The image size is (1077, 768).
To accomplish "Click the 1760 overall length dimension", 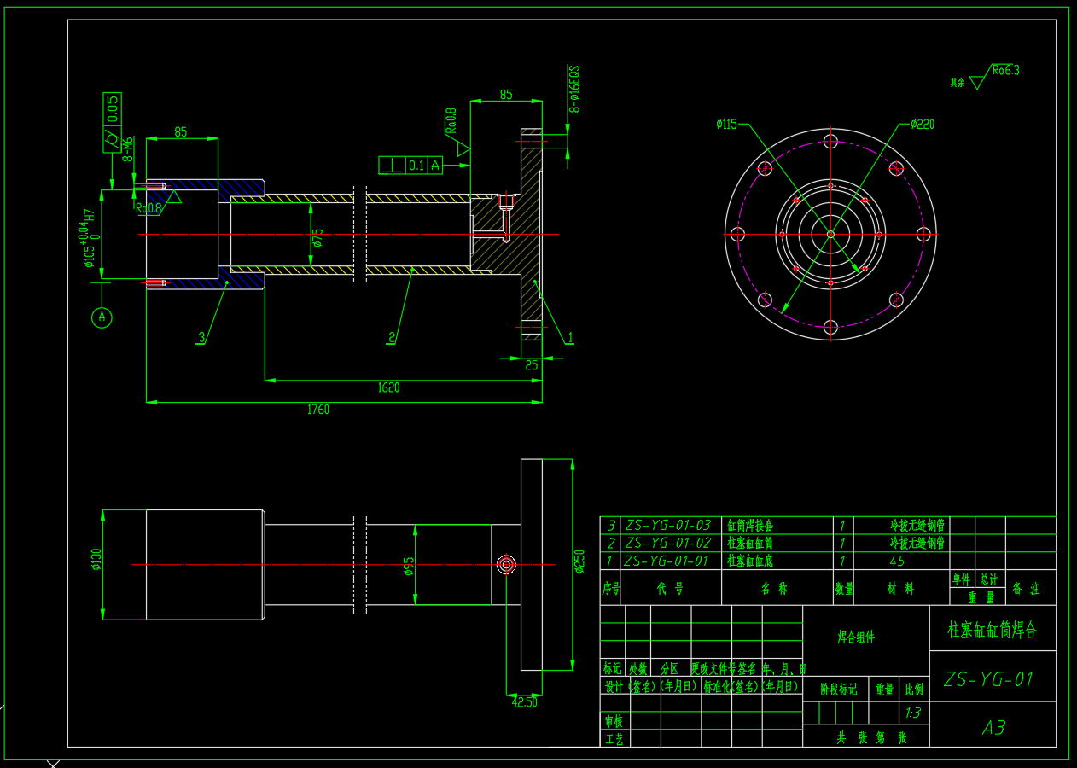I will pos(318,410).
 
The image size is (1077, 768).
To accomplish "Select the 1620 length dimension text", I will pos(388,387).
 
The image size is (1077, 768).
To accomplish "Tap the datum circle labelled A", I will pos(102,317).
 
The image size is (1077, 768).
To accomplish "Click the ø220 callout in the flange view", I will pos(923,125).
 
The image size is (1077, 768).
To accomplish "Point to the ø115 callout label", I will pos(726,125).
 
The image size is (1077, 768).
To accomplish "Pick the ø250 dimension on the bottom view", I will pos(580,561).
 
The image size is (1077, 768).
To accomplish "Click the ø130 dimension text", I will pos(96,559).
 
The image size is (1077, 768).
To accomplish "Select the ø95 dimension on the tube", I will pos(409,566).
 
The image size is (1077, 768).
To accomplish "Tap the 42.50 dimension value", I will pos(525,702).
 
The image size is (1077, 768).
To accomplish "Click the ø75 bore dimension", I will pos(317,238).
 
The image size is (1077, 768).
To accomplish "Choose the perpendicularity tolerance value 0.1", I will pos(416,166).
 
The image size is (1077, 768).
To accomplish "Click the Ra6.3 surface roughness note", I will pos(1006,71).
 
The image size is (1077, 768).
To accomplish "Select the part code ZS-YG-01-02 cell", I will pos(667,543).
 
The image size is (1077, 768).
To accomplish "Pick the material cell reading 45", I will pos(897,561).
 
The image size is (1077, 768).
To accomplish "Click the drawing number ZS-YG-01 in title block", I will pos(989,679).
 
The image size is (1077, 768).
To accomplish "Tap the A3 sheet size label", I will pos(993,728).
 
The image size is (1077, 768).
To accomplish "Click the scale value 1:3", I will pos(912,713).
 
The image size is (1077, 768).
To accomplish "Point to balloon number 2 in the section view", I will pos(392,338).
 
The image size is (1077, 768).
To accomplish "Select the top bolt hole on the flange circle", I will pos(830,142).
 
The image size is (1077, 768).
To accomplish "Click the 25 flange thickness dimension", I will pos(531,365).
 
